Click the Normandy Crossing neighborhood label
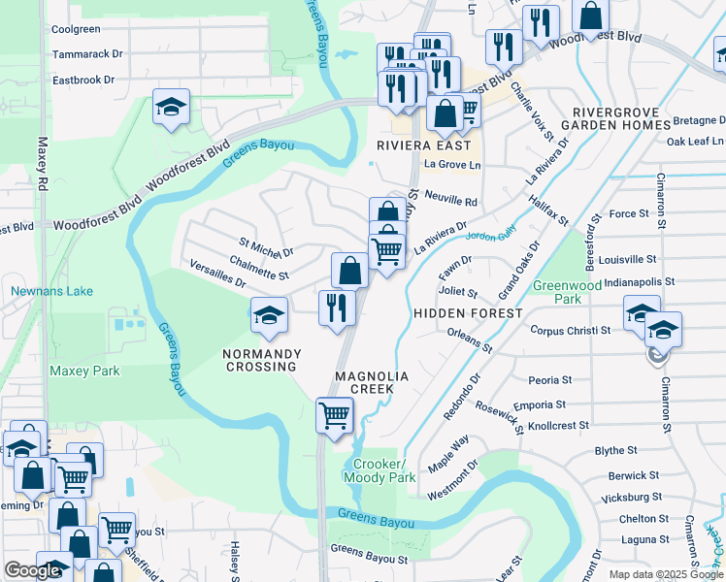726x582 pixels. click(x=259, y=359)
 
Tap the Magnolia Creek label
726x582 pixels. click(x=365, y=381)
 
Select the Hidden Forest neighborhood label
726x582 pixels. click(x=469, y=313)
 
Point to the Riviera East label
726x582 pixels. click(x=424, y=145)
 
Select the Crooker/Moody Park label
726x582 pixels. click(x=383, y=470)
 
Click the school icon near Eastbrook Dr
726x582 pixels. click(x=171, y=108)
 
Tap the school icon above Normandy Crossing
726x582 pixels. click(x=269, y=314)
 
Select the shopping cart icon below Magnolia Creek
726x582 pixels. click(x=335, y=415)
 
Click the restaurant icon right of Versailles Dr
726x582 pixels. click(x=337, y=308)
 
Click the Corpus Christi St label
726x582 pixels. click(x=570, y=330)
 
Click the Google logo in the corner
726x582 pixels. click(x=32, y=570)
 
